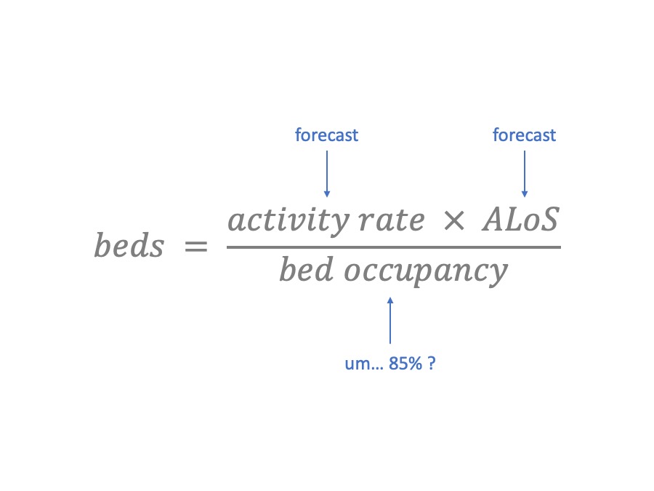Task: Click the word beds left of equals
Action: pyautogui.click(x=129, y=247)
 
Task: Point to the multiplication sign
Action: pyautogui.click(x=453, y=221)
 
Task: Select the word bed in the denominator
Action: pyautogui.click(x=306, y=271)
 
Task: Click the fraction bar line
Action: pyautogui.click(x=393, y=247)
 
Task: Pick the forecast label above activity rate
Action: pyautogui.click(x=326, y=135)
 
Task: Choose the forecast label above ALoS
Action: pyautogui.click(x=524, y=135)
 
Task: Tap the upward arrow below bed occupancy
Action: pyautogui.click(x=390, y=320)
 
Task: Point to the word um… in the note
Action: pyautogui.click(x=363, y=364)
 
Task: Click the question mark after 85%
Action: pyautogui.click(x=432, y=364)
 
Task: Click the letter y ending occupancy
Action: pyautogui.click(x=497, y=275)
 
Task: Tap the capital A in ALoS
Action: pyautogui.click(x=493, y=220)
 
